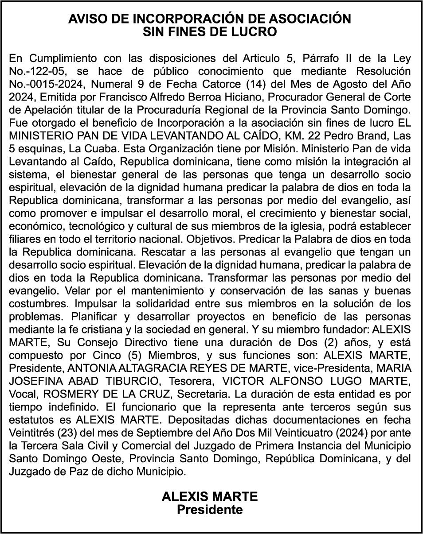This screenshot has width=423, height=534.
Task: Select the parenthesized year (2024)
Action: click(347, 433)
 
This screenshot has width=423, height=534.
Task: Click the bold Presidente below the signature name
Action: click(210, 510)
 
